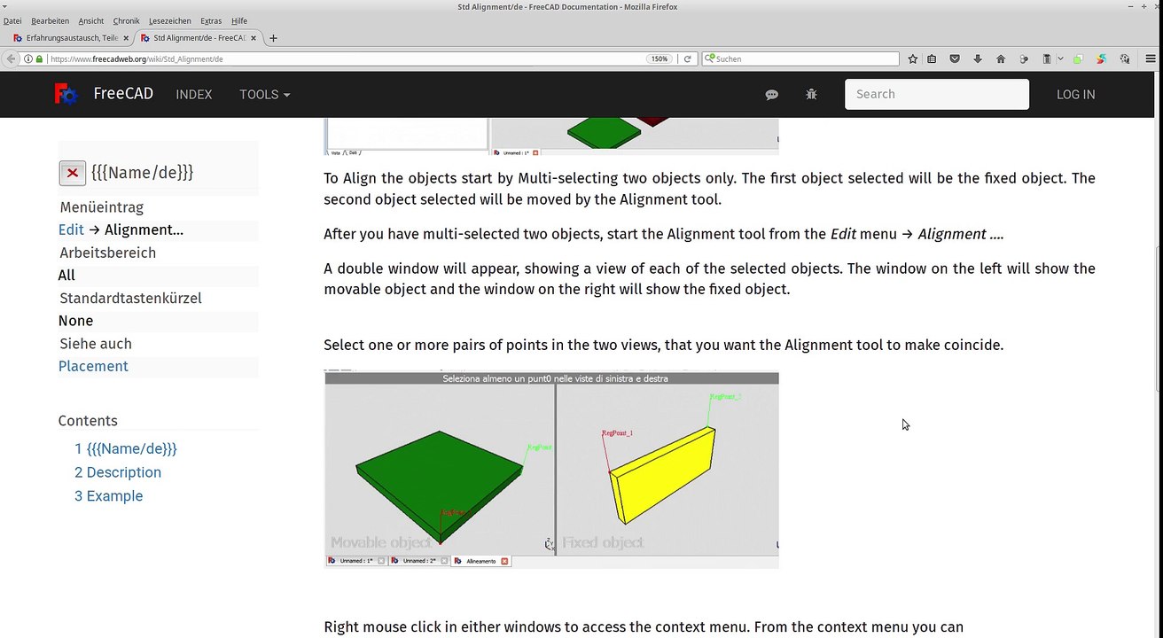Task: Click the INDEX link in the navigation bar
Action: (x=193, y=95)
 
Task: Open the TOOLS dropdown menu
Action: (x=264, y=95)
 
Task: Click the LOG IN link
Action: (x=1075, y=95)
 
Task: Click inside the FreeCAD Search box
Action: (x=936, y=94)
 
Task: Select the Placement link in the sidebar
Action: (x=93, y=366)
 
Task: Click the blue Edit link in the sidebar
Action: (x=71, y=230)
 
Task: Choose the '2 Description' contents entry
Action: (x=118, y=472)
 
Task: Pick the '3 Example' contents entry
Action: (x=108, y=496)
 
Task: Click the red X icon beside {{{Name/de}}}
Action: (x=73, y=173)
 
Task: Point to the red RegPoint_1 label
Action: (x=617, y=433)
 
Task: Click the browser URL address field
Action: (x=346, y=59)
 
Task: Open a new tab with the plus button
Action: (x=273, y=38)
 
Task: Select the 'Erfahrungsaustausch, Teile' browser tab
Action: (x=71, y=38)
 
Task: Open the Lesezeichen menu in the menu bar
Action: (x=169, y=20)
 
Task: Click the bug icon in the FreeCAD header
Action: (x=811, y=95)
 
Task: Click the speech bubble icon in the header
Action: (x=771, y=95)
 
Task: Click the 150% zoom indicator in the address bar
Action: (x=660, y=59)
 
